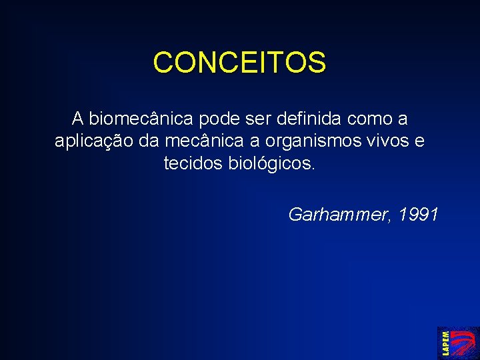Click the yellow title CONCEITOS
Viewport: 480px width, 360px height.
tap(239, 63)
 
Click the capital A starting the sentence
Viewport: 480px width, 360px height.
tap(78, 119)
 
